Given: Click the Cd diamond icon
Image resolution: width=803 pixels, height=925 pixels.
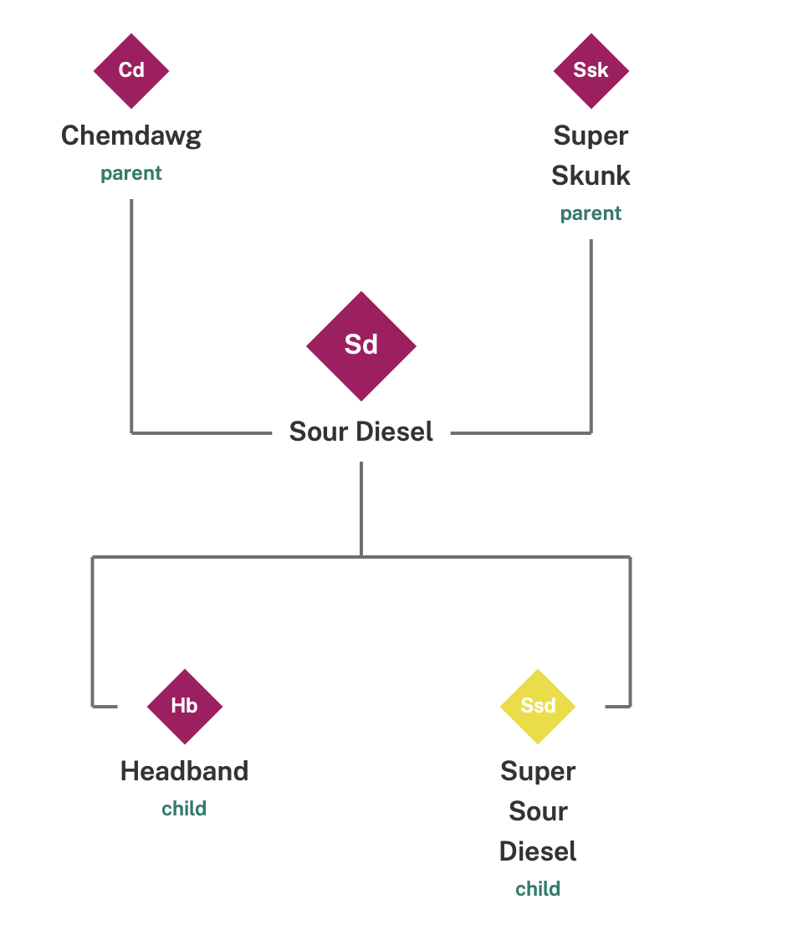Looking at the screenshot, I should tap(131, 71).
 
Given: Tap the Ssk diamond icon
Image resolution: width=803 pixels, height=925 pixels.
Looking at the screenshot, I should tap(591, 71).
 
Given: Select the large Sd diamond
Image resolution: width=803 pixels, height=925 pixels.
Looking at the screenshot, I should tap(361, 345).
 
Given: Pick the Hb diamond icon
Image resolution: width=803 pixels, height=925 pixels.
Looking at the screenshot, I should tap(184, 706).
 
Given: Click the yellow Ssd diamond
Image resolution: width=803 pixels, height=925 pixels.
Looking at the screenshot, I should tap(538, 706).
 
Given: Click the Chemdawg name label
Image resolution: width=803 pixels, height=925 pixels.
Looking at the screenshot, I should tap(131, 135).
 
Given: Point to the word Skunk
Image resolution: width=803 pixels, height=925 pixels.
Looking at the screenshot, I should tap(591, 176).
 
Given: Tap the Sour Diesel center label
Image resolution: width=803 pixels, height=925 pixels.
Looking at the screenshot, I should tap(361, 432).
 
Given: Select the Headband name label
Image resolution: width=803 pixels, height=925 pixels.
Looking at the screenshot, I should tap(184, 770).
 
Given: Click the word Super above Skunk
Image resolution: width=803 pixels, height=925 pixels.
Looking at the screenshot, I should tap(591, 135).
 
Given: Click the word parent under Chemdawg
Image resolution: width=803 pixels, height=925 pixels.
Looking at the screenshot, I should tap(131, 174).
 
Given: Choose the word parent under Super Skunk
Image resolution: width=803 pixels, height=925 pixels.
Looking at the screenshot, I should tap(591, 213).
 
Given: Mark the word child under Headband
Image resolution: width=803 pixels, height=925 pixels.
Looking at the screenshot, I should tap(184, 809).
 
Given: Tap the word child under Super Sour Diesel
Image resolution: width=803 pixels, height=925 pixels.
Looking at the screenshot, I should tap(538, 888).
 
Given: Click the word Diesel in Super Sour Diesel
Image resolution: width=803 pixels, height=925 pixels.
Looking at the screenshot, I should tap(538, 851).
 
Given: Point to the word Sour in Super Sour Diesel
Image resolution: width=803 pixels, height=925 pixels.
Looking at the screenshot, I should tap(538, 811).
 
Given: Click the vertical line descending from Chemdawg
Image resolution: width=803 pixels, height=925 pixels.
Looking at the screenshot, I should tap(131, 318).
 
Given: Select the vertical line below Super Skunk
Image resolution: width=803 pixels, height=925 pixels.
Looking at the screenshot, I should tap(591, 335).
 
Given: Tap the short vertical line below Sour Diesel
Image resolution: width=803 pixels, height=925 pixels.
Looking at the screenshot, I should tap(361, 508).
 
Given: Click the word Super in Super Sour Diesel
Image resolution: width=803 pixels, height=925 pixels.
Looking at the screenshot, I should tap(538, 770).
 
